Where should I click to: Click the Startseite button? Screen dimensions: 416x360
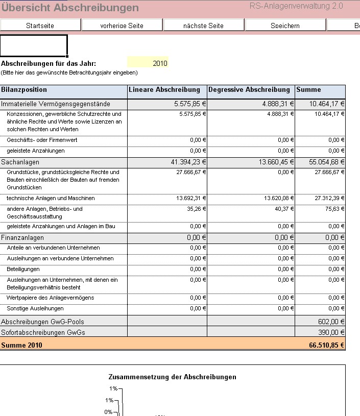click(x=40, y=26)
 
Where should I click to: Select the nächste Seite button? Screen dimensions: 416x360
click(x=203, y=26)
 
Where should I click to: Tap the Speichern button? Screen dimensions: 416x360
click(x=285, y=26)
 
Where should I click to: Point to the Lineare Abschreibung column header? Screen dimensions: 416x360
click(x=164, y=90)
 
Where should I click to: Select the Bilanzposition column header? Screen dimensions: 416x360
click(x=24, y=90)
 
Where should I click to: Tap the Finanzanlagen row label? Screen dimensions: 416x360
click(x=22, y=238)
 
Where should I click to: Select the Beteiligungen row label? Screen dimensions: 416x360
click(x=23, y=268)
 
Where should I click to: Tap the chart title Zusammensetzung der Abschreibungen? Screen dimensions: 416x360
click(x=172, y=377)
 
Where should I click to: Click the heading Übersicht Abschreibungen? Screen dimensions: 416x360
click(x=70, y=8)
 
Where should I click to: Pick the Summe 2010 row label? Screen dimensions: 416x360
click(x=21, y=345)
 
